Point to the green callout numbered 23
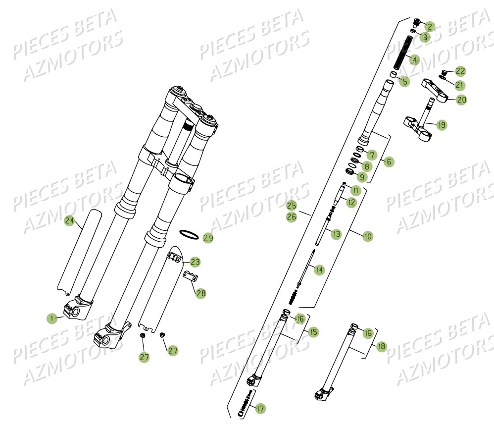[196, 262]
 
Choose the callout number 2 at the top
[429, 27]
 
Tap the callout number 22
[461, 71]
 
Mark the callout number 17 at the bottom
[260, 409]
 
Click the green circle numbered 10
[368, 237]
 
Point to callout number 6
[389, 161]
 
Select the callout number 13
[337, 233]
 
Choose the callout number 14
[319, 270]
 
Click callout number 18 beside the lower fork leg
[381, 347]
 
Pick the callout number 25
[292, 205]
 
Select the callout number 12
[351, 202]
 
